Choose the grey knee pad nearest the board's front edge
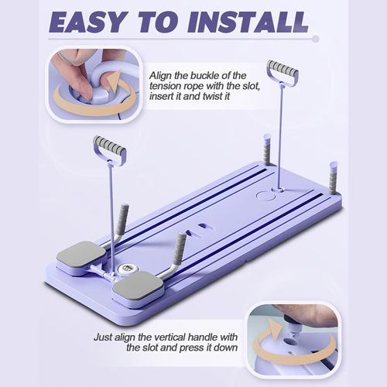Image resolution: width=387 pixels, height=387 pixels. coord(138,286)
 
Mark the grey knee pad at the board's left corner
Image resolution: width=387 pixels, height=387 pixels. coord(81,255)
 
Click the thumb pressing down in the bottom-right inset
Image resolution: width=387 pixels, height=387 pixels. coord(313,315)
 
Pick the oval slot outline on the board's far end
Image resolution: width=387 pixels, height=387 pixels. coord(265,196)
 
